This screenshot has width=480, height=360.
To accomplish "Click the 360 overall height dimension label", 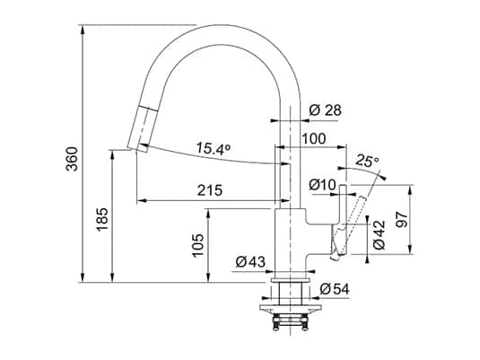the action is point(73,159).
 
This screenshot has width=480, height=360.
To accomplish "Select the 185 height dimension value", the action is point(102,220).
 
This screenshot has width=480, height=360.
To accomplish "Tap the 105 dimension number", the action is point(197,245).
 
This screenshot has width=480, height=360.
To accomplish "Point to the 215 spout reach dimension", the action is point(210,190).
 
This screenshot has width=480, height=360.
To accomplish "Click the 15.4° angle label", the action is point(213,148).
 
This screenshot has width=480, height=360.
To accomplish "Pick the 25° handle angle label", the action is point(367,162).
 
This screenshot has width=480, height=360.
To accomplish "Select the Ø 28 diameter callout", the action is point(325,110).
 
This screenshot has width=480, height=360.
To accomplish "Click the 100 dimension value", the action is point(314,139).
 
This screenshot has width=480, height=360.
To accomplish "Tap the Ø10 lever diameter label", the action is point(322,185).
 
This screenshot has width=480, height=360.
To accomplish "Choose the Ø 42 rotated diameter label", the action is point(379,235).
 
